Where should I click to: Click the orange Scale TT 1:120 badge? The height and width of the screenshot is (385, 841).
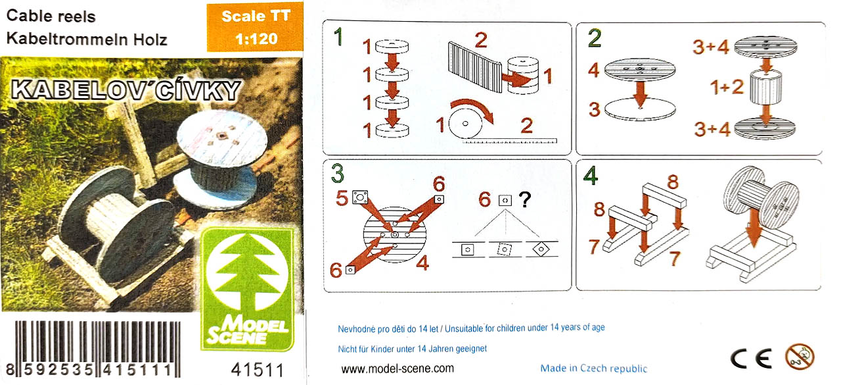pyautogui.click(x=255, y=27)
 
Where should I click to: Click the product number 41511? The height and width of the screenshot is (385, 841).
pyautogui.click(x=258, y=370)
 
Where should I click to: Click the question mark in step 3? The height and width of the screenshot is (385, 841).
pyautogui.click(x=525, y=199)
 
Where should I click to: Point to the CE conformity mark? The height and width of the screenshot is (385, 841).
pyautogui.click(x=751, y=358)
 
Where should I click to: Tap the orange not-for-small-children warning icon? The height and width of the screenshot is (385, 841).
pyautogui.click(x=800, y=356)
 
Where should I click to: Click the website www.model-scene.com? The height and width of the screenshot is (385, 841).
pyautogui.click(x=398, y=369)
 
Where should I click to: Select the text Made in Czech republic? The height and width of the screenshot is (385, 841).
pyautogui.click(x=593, y=368)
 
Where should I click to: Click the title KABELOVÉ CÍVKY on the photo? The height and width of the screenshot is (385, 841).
pyautogui.click(x=125, y=91)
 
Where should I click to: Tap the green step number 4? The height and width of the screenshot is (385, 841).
pyautogui.click(x=591, y=176)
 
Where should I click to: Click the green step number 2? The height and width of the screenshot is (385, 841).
pyautogui.click(x=595, y=38)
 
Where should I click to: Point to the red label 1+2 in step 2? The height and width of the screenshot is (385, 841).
pyautogui.click(x=727, y=88)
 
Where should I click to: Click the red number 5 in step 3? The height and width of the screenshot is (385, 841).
pyautogui.click(x=342, y=198)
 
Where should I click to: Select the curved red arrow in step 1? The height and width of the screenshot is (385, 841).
pyautogui.click(x=472, y=109)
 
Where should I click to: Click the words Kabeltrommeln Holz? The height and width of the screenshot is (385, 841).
pyautogui.click(x=87, y=39)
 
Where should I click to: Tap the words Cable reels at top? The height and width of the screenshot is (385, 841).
pyautogui.click(x=51, y=16)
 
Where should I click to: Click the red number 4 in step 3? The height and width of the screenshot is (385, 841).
pyautogui.click(x=422, y=263)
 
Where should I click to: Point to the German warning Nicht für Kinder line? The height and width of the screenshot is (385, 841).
pyautogui.click(x=412, y=349)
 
